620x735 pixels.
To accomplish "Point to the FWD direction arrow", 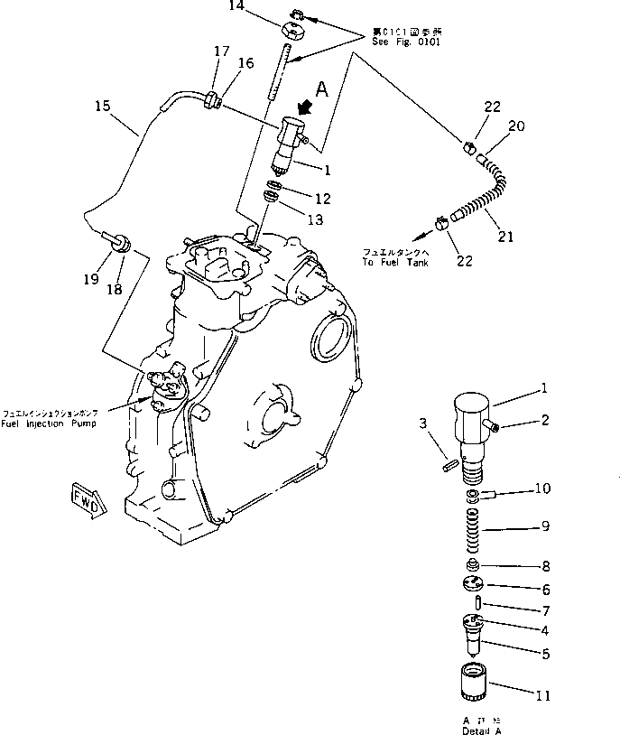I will (x=87, y=497).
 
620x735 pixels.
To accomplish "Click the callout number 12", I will (x=321, y=199).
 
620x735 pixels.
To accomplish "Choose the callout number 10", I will (x=541, y=489).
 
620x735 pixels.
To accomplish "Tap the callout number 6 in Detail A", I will (x=544, y=588).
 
